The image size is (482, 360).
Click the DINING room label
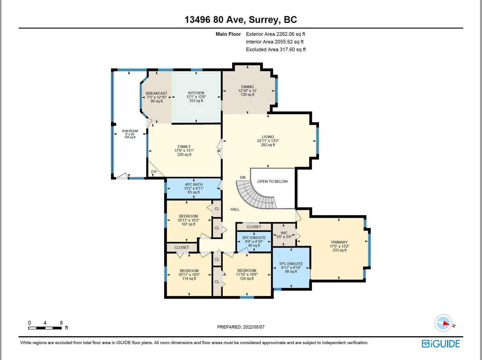tap(247, 87)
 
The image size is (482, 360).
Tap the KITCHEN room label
tap(196, 93)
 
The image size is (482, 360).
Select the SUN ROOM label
tap(130, 131)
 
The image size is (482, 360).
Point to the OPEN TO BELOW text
tap(272, 182)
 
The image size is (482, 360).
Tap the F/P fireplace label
tap(154, 172)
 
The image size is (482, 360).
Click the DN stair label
tap(243, 177)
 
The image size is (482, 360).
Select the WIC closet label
tap(284, 233)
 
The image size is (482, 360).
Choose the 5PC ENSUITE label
tap(291, 264)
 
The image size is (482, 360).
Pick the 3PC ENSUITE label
tap(254, 237)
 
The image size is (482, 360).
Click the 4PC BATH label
tap(194, 185)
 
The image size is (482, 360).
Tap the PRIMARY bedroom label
tap(339, 242)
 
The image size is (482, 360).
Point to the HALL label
tap(235, 209)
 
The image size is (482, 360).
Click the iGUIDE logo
tap(441, 343)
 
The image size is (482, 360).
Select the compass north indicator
tap(443, 323)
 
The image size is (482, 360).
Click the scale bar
tap(45, 328)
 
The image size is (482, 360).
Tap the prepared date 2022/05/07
tap(254, 327)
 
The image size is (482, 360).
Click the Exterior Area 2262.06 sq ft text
tap(275, 34)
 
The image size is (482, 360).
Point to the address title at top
tap(241, 20)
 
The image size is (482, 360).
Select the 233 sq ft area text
tap(339, 250)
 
